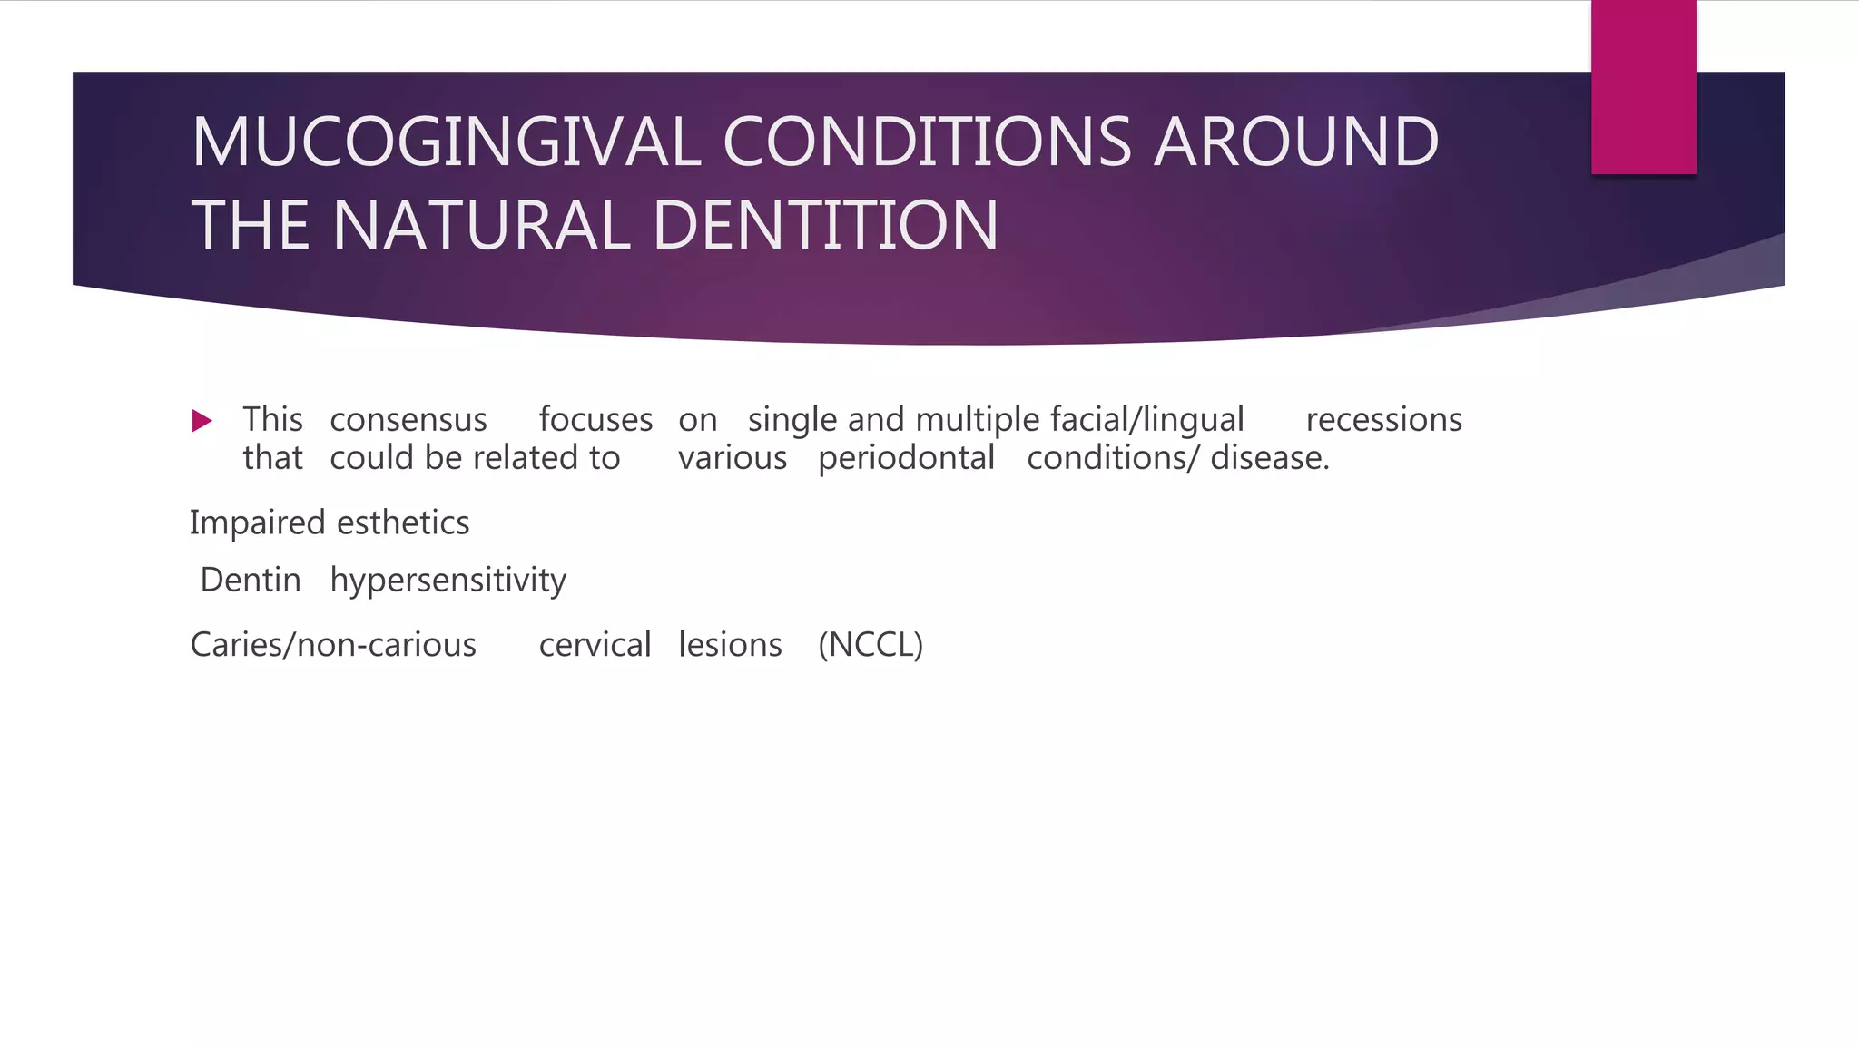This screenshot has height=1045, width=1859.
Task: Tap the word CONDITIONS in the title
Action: point(926,142)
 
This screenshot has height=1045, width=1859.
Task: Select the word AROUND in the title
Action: point(1295,142)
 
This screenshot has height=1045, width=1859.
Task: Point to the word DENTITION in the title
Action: point(825,225)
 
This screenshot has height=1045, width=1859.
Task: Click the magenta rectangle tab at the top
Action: point(1643,86)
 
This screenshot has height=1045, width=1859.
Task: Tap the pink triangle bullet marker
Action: point(202,421)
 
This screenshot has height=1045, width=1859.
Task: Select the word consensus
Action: point(408,420)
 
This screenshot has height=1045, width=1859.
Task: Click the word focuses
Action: point(595,420)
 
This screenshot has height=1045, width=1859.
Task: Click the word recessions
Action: point(1383,420)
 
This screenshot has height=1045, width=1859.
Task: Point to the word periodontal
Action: point(906,458)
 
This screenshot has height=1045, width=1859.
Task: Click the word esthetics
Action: point(403,523)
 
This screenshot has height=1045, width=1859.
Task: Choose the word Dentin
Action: point(251,580)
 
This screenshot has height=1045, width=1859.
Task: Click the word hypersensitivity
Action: point(448,581)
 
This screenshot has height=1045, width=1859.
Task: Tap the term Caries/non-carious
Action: point(333,645)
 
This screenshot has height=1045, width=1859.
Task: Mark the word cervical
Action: point(595,645)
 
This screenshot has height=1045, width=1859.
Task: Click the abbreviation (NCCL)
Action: point(870,645)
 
